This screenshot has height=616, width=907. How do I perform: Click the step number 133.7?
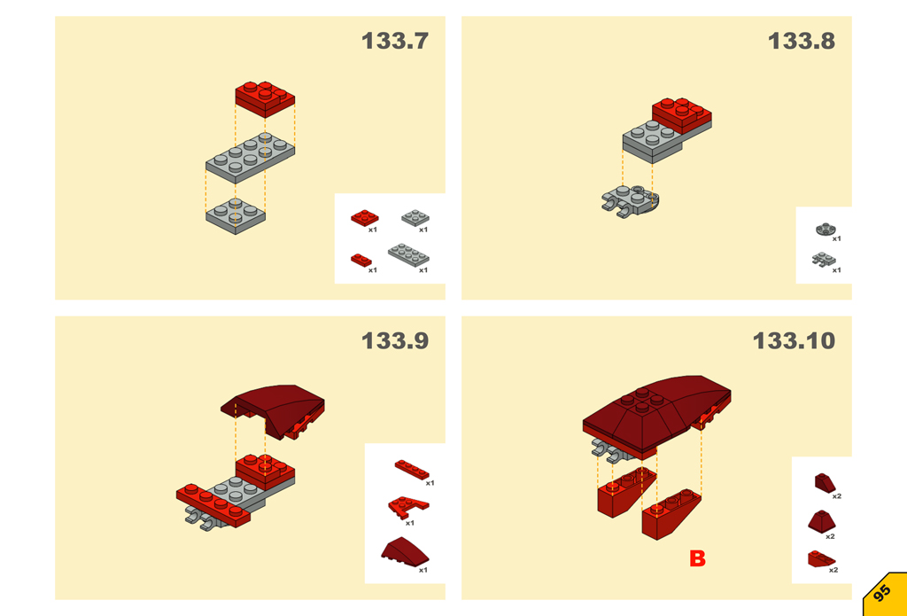click(x=395, y=41)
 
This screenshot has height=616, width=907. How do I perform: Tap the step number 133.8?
click(x=802, y=41)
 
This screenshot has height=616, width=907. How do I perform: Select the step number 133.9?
click(x=395, y=340)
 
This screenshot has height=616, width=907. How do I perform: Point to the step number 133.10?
click(x=795, y=340)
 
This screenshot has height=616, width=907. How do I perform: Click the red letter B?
click(x=698, y=558)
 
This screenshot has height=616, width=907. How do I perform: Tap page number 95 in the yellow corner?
click(x=882, y=594)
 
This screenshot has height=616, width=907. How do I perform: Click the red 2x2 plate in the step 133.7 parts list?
click(x=364, y=218)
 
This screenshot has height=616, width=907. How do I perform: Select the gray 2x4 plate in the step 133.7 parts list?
click(x=408, y=254)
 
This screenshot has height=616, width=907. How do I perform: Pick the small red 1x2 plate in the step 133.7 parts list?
click(x=361, y=260)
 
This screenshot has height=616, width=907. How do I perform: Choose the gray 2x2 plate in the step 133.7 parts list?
click(x=415, y=218)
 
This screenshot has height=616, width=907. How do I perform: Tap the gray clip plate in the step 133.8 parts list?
click(x=823, y=259)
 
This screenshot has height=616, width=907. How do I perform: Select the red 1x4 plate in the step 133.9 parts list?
click(x=413, y=470)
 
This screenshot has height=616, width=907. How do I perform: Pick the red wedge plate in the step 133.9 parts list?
click(x=408, y=507)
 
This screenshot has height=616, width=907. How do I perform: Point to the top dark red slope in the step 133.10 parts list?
click(x=825, y=483)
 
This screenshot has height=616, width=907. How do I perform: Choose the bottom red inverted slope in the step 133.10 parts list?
click(x=821, y=558)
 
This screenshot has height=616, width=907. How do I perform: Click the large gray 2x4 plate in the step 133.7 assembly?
click(x=251, y=158)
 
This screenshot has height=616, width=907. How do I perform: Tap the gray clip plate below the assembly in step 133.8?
click(x=630, y=201)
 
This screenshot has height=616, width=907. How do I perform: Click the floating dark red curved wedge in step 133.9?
click(x=273, y=409)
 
